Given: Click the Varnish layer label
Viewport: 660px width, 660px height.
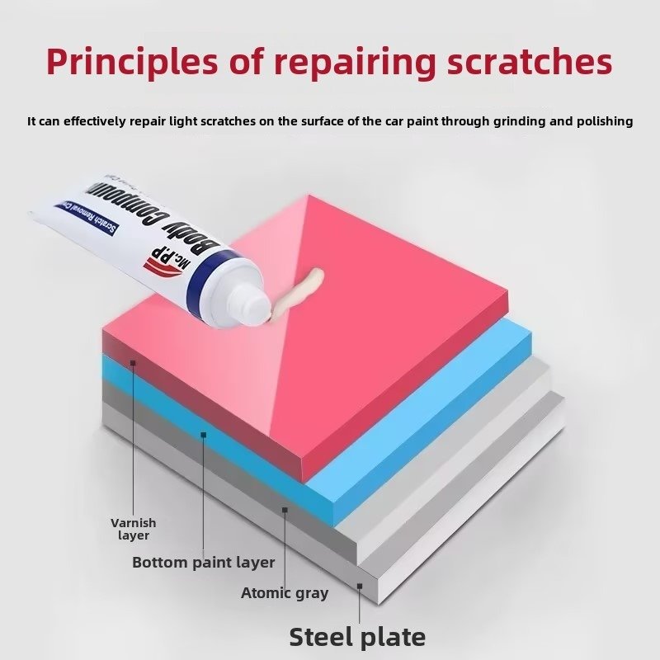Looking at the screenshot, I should pyautogui.click(x=133, y=529).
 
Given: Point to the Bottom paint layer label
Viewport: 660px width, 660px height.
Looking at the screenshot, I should pyautogui.click(x=203, y=563).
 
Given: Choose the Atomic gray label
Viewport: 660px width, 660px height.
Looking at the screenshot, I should pyautogui.click(x=285, y=593).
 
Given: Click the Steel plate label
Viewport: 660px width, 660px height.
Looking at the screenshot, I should pyautogui.click(x=357, y=636).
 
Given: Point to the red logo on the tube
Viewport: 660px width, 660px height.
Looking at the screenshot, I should pyautogui.click(x=155, y=262).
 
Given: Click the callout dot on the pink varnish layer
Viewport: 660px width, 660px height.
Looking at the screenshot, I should pyautogui.click(x=133, y=361).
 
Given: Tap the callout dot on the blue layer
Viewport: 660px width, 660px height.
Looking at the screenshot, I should pyautogui.click(x=203, y=433).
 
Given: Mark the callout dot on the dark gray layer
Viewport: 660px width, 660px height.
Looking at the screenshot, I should pyautogui.click(x=285, y=510).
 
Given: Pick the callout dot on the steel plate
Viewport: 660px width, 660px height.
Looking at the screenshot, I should pyautogui.click(x=360, y=587).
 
